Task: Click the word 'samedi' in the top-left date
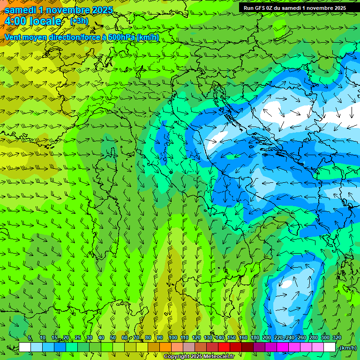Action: point(21,10)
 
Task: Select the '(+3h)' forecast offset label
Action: point(79,21)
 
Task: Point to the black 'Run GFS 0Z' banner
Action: point(294,7)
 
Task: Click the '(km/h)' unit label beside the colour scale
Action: point(348,347)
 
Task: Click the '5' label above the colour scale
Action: point(30,338)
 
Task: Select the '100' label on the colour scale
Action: point(172,338)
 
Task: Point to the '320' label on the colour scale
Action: point(337,338)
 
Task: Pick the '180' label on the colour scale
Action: point(255,338)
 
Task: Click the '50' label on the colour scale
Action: point(112,338)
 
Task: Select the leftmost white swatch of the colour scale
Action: point(25,347)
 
